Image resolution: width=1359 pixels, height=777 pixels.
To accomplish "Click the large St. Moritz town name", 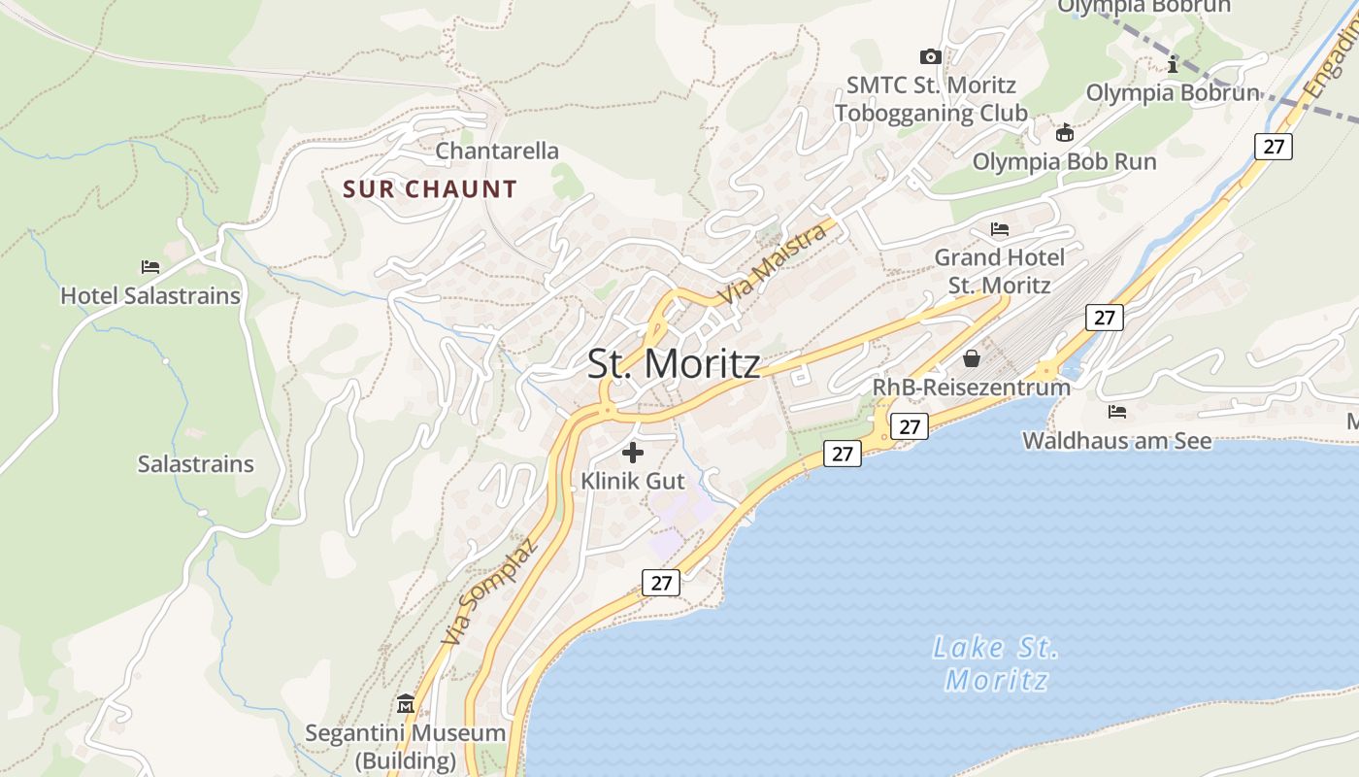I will [x=674, y=363].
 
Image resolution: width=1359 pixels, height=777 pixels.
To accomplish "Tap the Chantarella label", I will [x=497, y=151].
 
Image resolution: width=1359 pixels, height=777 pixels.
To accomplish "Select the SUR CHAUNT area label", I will [x=430, y=188].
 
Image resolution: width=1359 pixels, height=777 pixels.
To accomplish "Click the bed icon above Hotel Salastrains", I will [x=150, y=266].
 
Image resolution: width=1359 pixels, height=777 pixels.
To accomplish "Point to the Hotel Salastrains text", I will [x=150, y=295].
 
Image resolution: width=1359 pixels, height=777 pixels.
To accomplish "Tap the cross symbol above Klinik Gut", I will [x=633, y=452].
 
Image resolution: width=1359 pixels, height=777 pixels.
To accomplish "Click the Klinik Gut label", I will [x=633, y=481].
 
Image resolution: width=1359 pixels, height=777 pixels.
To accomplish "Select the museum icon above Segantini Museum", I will [x=406, y=704].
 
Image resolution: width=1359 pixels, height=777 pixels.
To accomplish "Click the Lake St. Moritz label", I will [x=996, y=663].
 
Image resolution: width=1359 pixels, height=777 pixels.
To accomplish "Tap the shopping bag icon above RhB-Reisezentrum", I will [x=971, y=358].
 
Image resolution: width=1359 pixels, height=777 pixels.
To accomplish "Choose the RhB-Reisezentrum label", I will [x=971, y=387].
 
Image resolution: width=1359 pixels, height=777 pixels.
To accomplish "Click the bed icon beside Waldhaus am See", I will [x=1117, y=412].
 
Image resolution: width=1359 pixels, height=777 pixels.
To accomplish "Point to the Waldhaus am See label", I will [x=1117, y=441].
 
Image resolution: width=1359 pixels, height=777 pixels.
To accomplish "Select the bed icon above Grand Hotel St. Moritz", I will [x=1000, y=229].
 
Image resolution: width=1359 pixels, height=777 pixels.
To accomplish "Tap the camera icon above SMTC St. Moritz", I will [x=930, y=57].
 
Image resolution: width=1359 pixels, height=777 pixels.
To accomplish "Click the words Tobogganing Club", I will [x=931, y=113].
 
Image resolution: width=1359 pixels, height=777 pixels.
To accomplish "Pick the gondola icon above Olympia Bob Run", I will [x=1065, y=133].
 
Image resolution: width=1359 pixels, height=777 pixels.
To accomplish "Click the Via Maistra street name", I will [x=774, y=263].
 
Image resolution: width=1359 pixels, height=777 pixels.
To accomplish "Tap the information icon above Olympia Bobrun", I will [x=1173, y=65].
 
